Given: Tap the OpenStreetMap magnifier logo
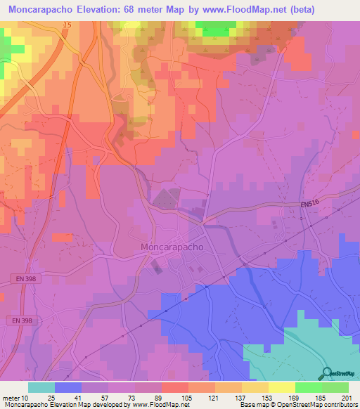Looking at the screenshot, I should [x=326, y=372].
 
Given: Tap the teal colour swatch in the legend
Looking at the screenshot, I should [x=41, y=387].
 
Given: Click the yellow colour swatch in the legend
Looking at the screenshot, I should [x=281, y=387].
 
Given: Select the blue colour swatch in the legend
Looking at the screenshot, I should [x=68, y=387].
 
